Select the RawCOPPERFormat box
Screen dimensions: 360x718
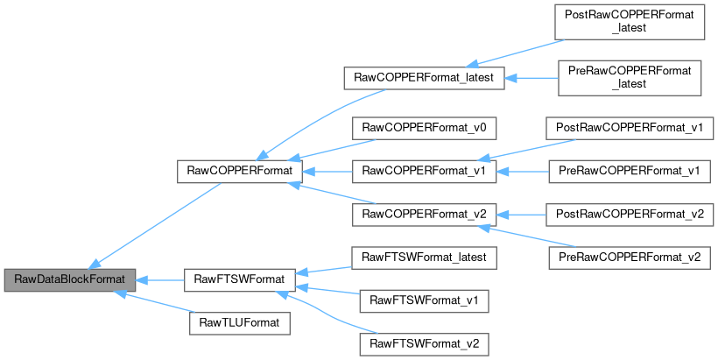point(239,171)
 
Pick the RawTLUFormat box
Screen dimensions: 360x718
point(239,323)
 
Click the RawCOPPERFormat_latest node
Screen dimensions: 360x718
point(424,78)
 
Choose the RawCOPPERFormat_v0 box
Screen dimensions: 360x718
point(424,128)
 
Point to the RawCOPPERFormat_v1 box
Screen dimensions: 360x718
point(424,171)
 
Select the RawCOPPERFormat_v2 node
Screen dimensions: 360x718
point(424,214)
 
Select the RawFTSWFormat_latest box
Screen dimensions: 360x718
point(424,257)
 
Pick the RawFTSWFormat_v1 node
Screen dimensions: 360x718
point(424,300)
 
